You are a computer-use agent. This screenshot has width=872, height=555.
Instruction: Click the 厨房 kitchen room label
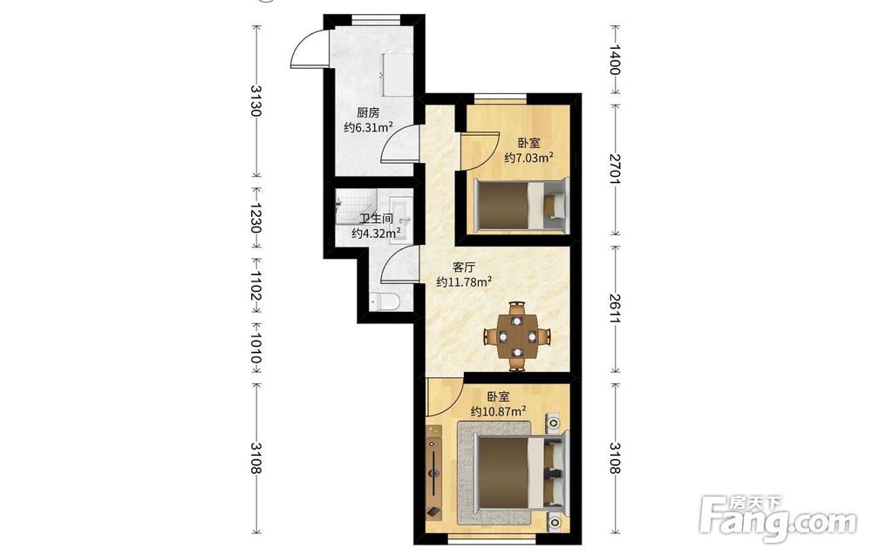coord(368,112)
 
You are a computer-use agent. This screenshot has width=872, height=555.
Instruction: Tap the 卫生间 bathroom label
coord(376,219)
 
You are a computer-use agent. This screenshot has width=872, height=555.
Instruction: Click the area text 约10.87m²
coord(499,411)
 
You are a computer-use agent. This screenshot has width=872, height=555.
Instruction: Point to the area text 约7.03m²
coord(528,158)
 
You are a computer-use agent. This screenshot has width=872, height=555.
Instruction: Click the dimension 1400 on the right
coord(615,59)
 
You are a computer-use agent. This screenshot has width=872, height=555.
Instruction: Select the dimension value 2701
coord(615,169)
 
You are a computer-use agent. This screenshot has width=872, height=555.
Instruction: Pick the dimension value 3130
coord(255,100)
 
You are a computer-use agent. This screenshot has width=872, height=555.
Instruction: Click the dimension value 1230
coord(255,218)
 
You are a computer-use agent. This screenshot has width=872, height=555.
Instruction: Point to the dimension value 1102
coord(255,286)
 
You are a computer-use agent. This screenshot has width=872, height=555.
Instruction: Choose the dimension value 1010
coord(255,349)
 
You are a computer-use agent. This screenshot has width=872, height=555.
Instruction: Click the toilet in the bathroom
coord(385,302)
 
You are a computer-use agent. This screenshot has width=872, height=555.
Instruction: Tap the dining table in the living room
coord(518,336)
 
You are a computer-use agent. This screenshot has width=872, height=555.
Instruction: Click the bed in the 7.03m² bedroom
coord(521,205)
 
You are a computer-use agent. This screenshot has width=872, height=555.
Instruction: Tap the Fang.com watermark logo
coord(778,518)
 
